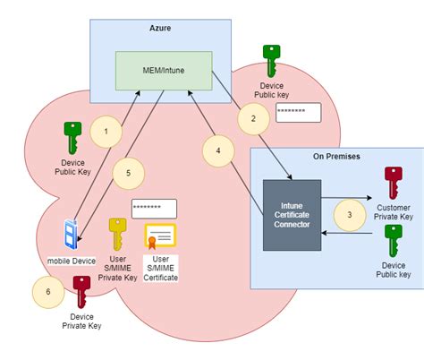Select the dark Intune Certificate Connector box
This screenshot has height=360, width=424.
click(292, 215)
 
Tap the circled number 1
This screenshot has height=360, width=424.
click(106, 132)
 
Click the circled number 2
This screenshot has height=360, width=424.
click(253, 117)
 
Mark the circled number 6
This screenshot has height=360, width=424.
click(47, 291)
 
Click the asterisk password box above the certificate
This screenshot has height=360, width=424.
click(154, 208)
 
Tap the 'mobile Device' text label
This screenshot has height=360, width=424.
click(72, 261)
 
